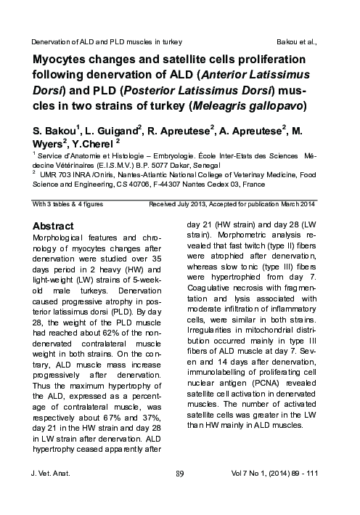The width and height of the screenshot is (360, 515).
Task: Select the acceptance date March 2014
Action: tap(298, 206)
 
